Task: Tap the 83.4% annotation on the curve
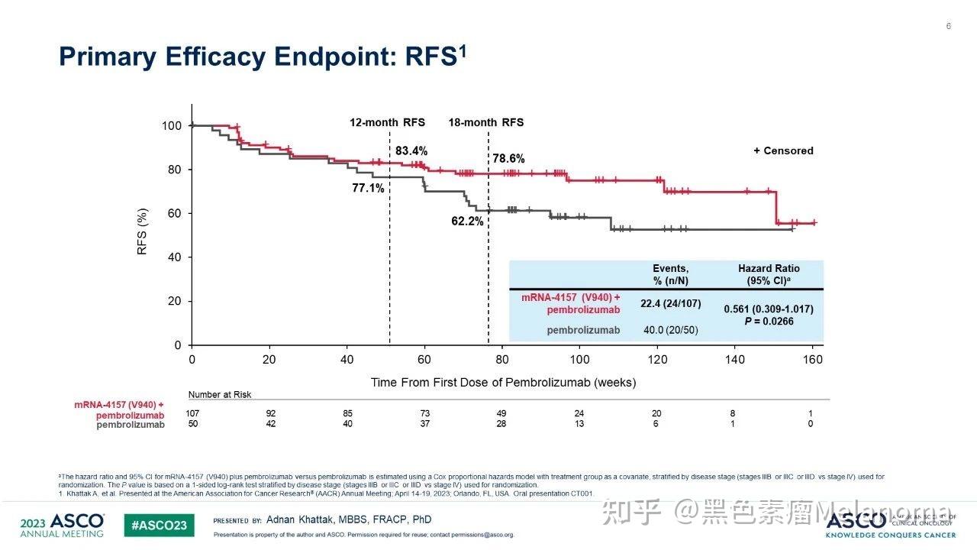pyautogui.click(x=411, y=151)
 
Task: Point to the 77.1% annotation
pyautogui.click(x=368, y=189)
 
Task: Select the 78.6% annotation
pyautogui.click(x=508, y=158)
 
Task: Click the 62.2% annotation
pyautogui.click(x=467, y=222)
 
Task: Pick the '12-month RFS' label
pyautogui.click(x=387, y=122)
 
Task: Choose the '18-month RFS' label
pyautogui.click(x=485, y=122)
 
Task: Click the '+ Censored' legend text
pyautogui.click(x=783, y=150)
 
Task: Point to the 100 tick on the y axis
pyautogui.click(x=172, y=125)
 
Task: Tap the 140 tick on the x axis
pyautogui.click(x=735, y=360)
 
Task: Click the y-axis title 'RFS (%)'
pyautogui.click(x=142, y=231)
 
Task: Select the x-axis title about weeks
pyautogui.click(x=503, y=382)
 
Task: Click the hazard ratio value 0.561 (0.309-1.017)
pyautogui.click(x=769, y=309)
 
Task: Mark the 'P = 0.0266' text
pyautogui.click(x=769, y=322)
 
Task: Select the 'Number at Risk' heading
pyautogui.click(x=220, y=395)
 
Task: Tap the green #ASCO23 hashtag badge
pyautogui.click(x=160, y=526)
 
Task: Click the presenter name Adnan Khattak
pyautogui.click(x=349, y=519)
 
